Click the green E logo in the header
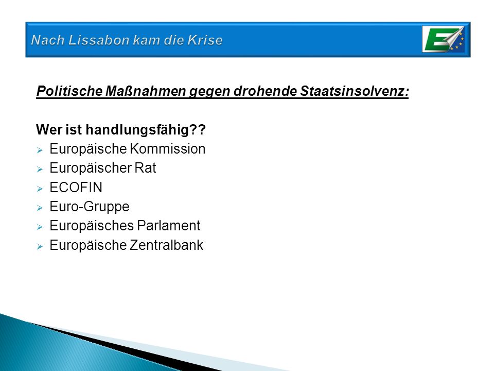[x=444, y=40]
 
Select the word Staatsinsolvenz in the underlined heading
[x=355, y=91]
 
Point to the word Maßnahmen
[x=146, y=91]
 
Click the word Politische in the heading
[x=69, y=91]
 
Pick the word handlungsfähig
[x=137, y=130]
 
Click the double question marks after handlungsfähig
[x=198, y=129]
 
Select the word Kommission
[x=168, y=148]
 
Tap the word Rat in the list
[x=145, y=168]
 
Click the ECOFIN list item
[x=76, y=188]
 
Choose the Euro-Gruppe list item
[x=90, y=207]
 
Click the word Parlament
[x=169, y=226]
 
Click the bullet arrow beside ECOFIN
[x=40, y=189]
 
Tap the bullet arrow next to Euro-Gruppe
[x=40, y=208]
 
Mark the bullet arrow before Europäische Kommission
[x=40, y=150]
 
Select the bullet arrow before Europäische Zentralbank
[x=40, y=246]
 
